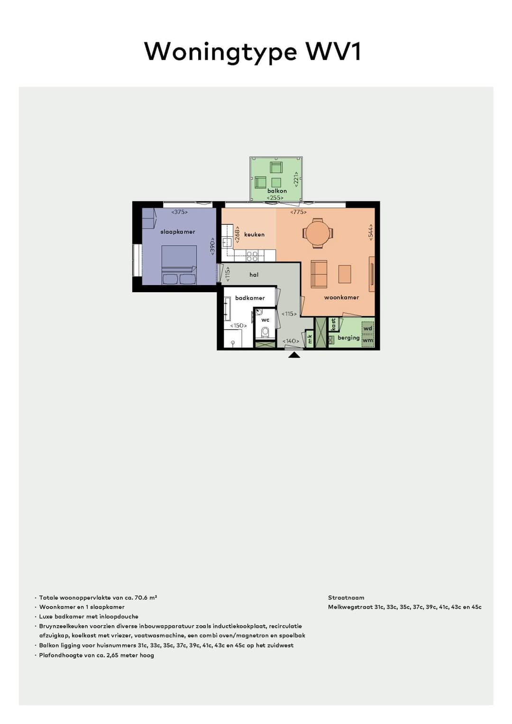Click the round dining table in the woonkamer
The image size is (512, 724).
point(318,232)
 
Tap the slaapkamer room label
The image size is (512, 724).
point(178,232)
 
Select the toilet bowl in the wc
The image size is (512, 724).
point(265,331)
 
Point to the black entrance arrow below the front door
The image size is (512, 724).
point(294,355)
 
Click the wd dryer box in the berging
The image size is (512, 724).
point(368,329)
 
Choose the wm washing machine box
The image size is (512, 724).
point(368,340)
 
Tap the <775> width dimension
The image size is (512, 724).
point(298,212)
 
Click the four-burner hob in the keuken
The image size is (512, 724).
point(252,256)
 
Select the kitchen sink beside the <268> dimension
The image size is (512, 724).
point(226,242)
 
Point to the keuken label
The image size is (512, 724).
point(255,235)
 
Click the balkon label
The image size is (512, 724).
point(277,191)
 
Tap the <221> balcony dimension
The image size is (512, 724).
point(296,179)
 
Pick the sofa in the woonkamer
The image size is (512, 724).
point(319,274)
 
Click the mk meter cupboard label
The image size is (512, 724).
point(310,340)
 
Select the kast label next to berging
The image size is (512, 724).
point(333,324)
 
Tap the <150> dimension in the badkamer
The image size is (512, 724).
point(238,326)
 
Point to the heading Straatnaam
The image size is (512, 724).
point(346,598)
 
